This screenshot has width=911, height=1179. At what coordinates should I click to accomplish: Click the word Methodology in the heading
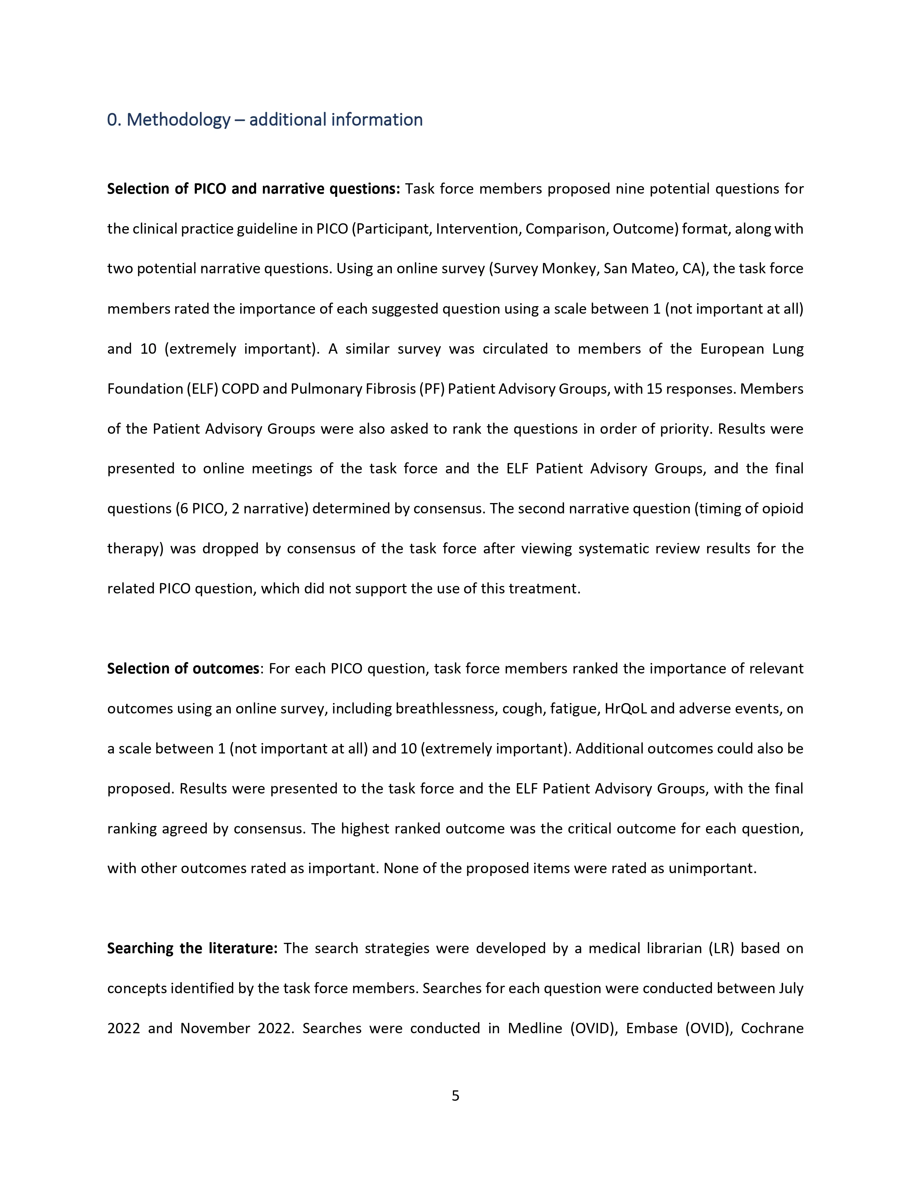(178, 120)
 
